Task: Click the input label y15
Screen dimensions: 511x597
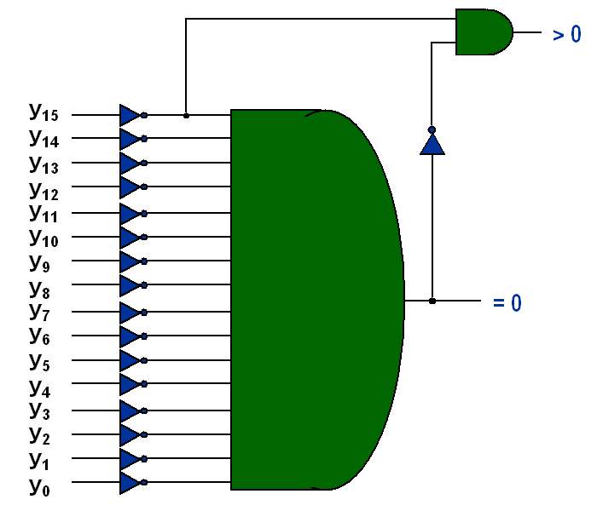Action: (x=43, y=112)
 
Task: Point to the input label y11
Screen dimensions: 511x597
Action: (x=43, y=212)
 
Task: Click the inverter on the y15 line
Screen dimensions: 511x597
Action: (x=130, y=114)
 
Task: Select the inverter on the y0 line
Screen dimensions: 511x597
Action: (x=130, y=484)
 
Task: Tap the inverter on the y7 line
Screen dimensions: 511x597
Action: (x=130, y=312)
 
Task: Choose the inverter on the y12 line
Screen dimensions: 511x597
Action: (x=130, y=187)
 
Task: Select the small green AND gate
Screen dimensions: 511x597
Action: (x=483, y=32)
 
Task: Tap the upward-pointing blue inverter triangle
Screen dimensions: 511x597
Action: (x=432, y=143)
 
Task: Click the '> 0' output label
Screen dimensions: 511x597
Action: (x=566, y=35)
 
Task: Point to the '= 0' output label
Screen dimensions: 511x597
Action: (x=507, y=302)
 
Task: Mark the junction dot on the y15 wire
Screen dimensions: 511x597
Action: (x=186, y=114)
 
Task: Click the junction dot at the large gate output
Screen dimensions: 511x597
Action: (x=432, y=301)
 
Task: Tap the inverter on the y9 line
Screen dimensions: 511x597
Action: (x=130, y=261)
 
